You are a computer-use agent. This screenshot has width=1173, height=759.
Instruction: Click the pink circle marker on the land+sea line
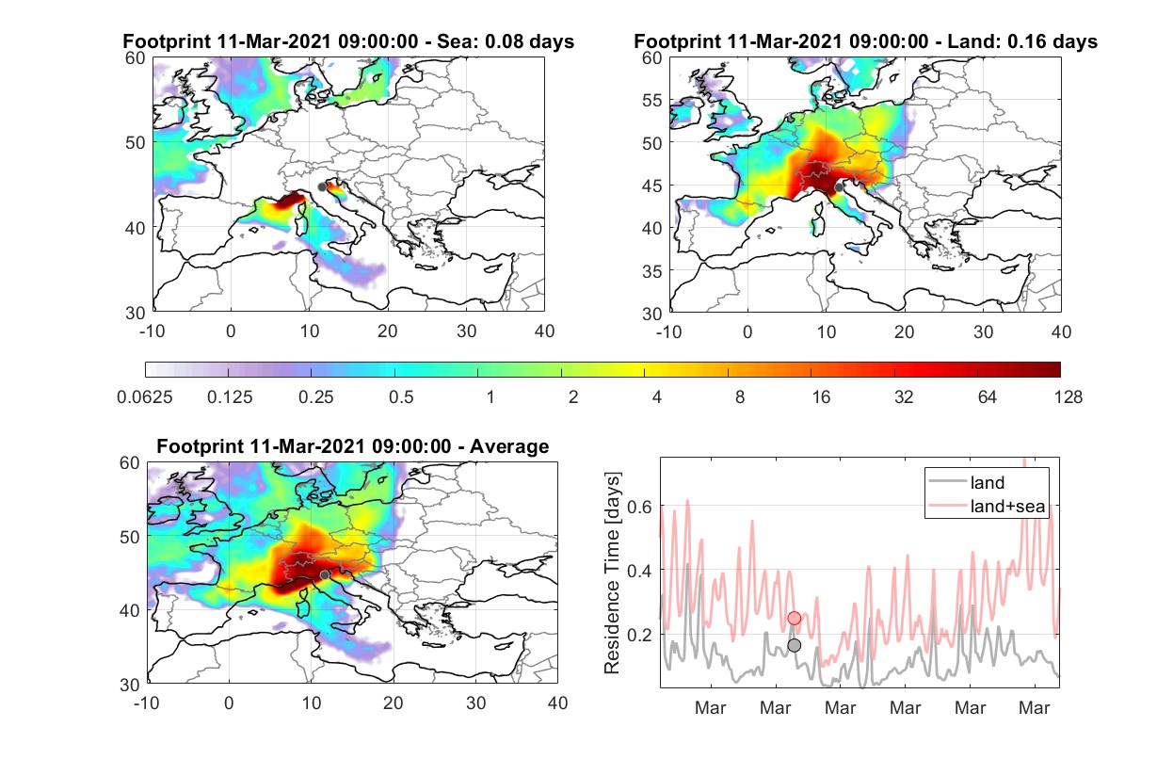795,618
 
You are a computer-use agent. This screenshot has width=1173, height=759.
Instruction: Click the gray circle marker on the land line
795,645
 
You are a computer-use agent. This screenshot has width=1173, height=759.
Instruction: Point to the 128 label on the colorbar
1068,397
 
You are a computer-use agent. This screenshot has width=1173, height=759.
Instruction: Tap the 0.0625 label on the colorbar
145,397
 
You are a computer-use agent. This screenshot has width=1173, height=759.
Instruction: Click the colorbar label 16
821,397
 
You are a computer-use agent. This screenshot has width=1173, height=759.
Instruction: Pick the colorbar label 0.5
401,397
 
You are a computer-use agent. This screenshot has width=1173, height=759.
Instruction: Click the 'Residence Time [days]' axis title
612,573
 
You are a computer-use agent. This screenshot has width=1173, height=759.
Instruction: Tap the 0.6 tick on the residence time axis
639,507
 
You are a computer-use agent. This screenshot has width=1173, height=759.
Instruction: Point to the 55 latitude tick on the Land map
652,100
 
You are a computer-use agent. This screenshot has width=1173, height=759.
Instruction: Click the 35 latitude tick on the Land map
652,271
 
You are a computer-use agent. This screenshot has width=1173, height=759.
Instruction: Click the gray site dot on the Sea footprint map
322,187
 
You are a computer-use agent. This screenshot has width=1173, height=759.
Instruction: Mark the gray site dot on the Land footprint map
839,187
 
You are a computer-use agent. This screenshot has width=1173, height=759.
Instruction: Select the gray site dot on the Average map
325,574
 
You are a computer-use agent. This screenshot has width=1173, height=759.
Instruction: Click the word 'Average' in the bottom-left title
509,446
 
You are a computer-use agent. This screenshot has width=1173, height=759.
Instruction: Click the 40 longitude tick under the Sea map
544,331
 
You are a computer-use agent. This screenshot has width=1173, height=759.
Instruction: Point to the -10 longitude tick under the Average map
147,702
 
